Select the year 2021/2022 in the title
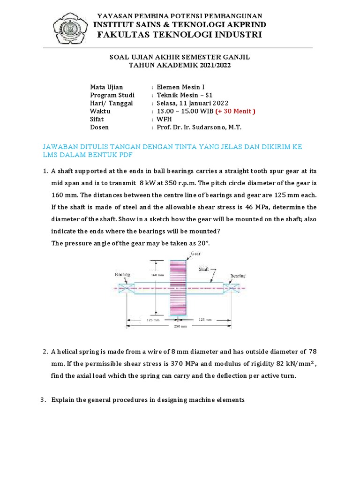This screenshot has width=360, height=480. (213, 66)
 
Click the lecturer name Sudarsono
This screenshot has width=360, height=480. (217, 127)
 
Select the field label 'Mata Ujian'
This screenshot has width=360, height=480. (106, 87)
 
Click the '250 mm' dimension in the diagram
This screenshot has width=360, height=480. (180, 326)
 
